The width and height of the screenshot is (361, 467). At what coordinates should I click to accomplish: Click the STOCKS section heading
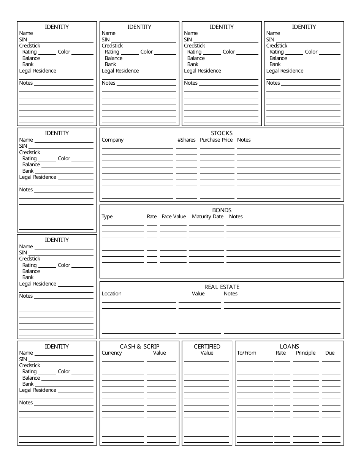click(x=222, y=133)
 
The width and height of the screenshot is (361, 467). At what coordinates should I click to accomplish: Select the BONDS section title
click(x=222, y=210)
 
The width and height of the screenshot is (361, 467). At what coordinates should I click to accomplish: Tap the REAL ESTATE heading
click(x=222, y=287)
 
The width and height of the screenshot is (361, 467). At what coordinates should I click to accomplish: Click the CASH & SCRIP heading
click(x=139, y=346)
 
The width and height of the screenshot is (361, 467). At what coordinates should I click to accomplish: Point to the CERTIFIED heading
click(x=207, y=346)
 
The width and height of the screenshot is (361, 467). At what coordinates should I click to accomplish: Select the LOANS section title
click(x=289, y=346)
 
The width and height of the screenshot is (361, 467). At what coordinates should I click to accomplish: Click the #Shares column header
click(x=186, y=140)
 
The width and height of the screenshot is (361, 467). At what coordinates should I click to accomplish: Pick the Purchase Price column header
click(x=216, y=140)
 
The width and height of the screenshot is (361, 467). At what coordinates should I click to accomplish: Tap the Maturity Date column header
click(x=207, y=216)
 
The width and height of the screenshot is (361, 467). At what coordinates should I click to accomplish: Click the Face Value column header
click(x=174, y=216)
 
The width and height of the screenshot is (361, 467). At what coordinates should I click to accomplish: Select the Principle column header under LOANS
click(x=306, y=353)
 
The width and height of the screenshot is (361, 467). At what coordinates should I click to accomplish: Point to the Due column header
click(x=330, y=353)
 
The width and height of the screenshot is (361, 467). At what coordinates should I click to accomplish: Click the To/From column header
click(x=247, y=353)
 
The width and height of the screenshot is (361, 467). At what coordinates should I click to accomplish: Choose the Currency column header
click(x=112, y=353)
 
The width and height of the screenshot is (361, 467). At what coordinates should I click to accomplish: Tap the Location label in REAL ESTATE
click(x=112, y=293)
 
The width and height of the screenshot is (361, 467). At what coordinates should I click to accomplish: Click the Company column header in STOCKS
click(x=112, y=140)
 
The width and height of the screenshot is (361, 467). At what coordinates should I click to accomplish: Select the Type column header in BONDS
click(x=107, y=216)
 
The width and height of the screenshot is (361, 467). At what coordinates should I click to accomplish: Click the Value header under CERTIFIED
click(x=207, y=353)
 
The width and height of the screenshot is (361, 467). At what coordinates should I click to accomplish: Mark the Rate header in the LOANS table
click(x=281, y=353)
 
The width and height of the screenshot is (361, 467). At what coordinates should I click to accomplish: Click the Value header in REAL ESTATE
click(x=198, y=293)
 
